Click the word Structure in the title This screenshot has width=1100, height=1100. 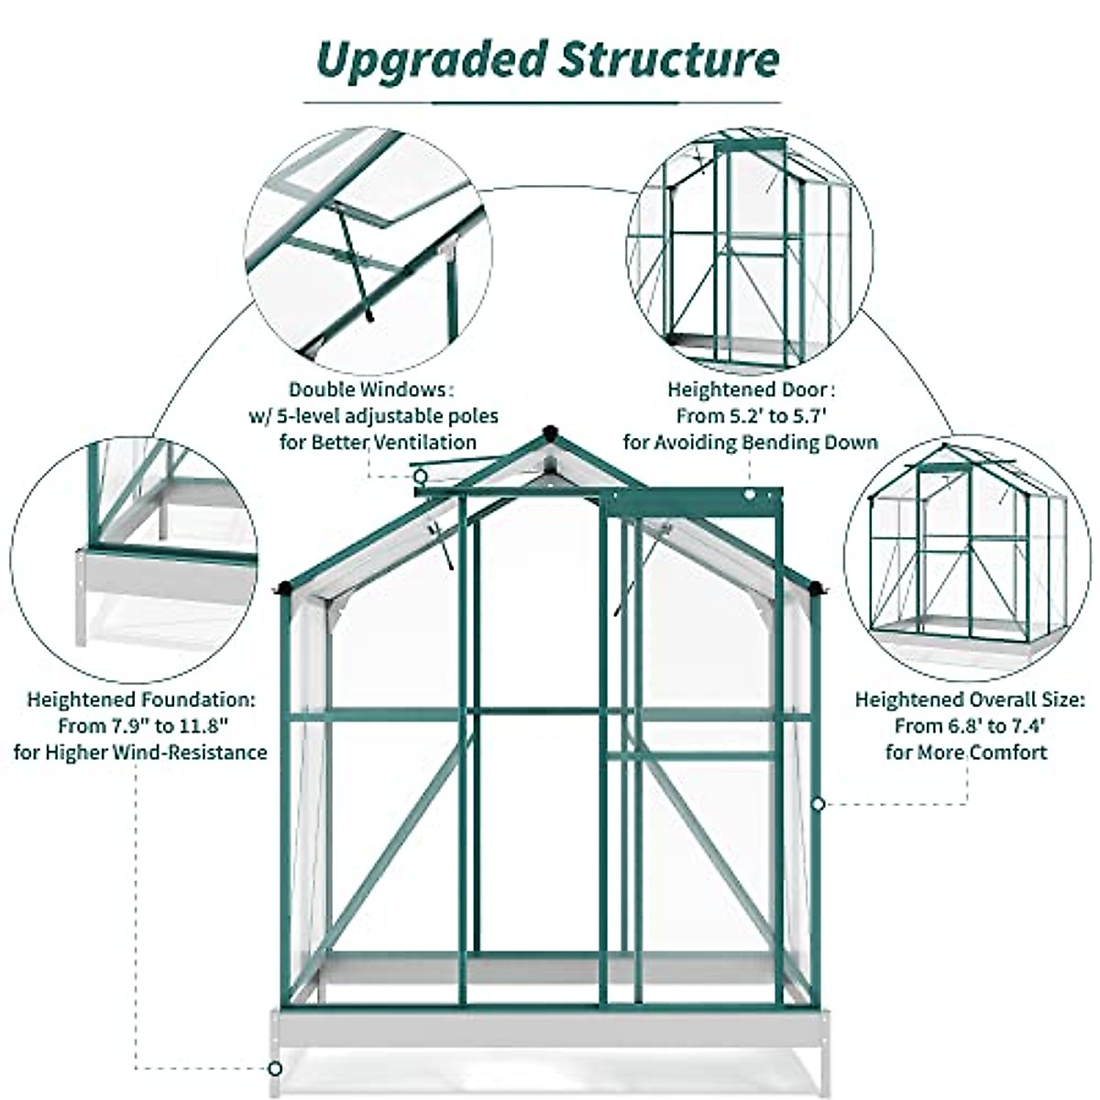pos(670,60)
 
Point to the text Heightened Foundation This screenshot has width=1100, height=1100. pos(140,700)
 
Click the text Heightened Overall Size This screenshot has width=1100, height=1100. pos(969,700)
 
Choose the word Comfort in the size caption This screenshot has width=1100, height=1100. pos(1008,753)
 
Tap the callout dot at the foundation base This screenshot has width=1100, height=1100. pos(274,1069)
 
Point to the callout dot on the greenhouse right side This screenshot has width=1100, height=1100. pos(819,804)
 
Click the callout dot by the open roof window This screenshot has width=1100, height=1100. pos(420,477)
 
